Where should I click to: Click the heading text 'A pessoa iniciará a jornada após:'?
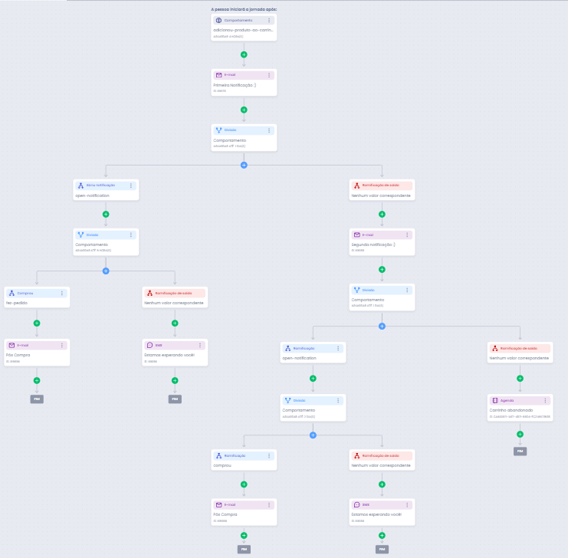coord(244,9)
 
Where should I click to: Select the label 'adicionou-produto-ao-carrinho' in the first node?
coord(242,30)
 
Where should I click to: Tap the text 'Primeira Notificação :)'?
coord(235,85)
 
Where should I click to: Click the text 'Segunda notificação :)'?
coord(373,245)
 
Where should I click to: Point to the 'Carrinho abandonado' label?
coord(511,410)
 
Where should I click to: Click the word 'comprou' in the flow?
coord(222,464)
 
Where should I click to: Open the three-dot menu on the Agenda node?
coord(545,401)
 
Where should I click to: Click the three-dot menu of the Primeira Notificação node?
coord(269,75)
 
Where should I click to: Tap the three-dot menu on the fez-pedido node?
coord(62,293)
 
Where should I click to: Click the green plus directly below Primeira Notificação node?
coord(244,110)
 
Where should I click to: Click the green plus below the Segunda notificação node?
coord(382,270)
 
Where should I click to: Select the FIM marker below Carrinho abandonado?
coord(520,451)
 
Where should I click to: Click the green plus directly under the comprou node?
coord(244,484)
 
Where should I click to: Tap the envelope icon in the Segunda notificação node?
coord(357,235)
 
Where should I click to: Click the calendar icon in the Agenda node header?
coord(495,401)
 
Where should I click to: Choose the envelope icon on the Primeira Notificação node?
coord(219,75)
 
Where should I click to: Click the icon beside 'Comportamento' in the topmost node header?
coord(219,20)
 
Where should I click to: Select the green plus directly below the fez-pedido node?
coord(37,323)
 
